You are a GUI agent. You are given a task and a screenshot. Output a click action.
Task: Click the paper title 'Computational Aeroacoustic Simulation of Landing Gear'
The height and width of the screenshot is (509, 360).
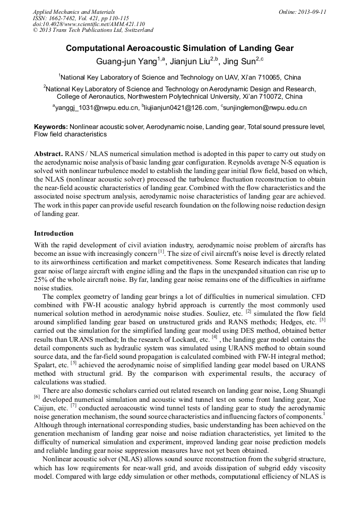click(179, 48)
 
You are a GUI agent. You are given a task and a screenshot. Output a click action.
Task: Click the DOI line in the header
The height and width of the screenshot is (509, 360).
click(89, 24)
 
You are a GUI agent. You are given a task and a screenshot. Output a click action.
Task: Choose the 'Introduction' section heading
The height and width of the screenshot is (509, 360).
click(54, 233)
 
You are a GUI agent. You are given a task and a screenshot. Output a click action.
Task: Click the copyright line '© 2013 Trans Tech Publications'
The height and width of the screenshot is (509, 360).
click(80, 30)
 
